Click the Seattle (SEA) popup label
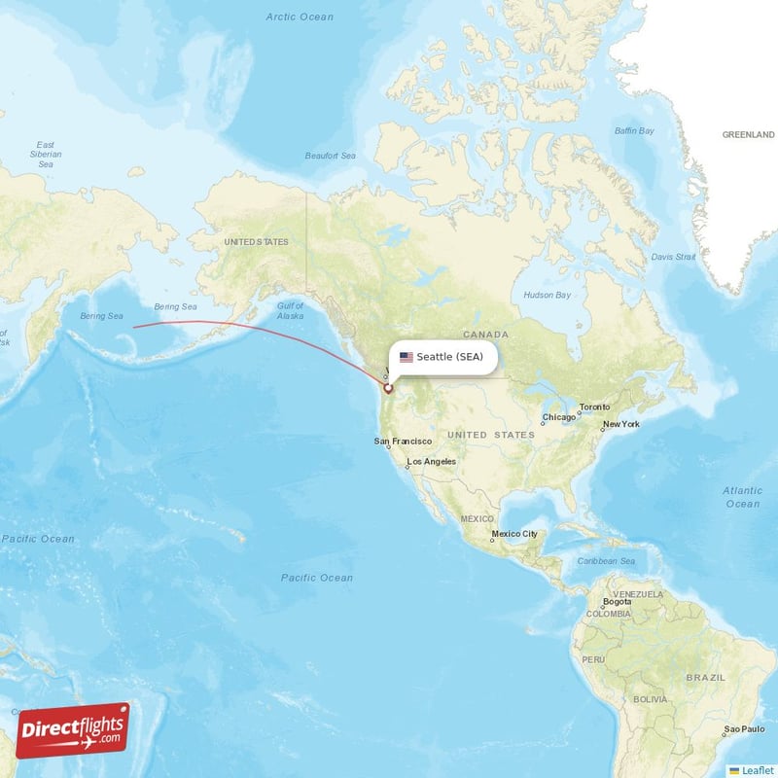(x=449, y=357)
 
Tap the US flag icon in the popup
(x=406, y=357)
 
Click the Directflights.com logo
(x=72, y=730)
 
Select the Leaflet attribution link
(x=758, y=770)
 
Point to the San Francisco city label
(x=403, y=442)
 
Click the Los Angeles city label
(x=432, y=462)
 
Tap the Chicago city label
(x=559, y=417)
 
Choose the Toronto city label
(x=594, y=407)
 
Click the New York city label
(x=620, y=424)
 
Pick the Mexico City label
(x=514, y=534)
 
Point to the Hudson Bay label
(x=547, y=295)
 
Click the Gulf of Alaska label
(x=290, y=311)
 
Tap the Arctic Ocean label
(x=300, y=17)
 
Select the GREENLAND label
(x=748, y=135)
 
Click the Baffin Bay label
(x=634, y=130)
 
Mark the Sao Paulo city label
(x=744, y=728)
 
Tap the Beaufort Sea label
(x=331, y=156)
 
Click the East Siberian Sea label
(x=46, y=155)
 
